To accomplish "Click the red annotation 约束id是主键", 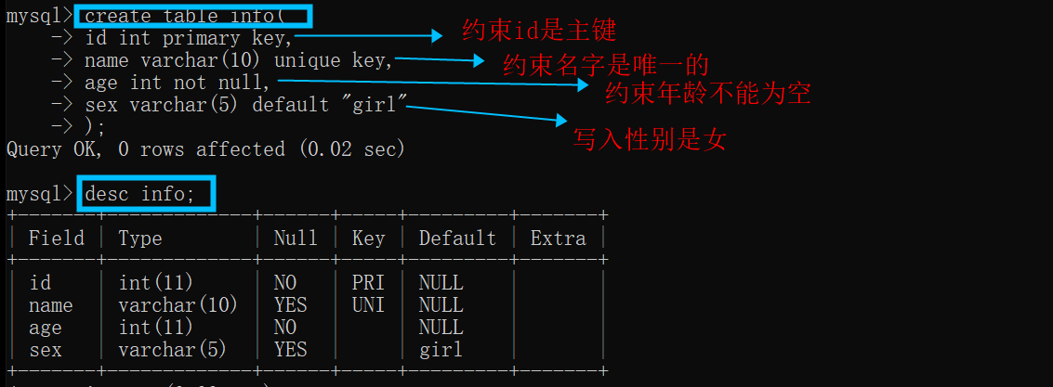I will (539, 31).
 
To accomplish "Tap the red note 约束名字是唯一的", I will (606, 64).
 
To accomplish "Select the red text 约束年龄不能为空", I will (708, 93).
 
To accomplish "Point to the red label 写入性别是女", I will (649, 139).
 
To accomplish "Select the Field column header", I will (56, 239).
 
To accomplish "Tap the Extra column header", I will (558, 239).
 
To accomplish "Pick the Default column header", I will (457, 239).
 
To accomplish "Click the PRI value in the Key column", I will (368, 282).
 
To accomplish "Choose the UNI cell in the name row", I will (368, 304).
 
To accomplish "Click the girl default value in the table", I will (441, 350).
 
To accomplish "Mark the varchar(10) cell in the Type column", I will (178, 304).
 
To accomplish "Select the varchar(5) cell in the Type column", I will (172, 350).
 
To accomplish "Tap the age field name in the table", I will (45, 328).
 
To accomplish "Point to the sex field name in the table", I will (45, 350).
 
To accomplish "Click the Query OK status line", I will (205, 148).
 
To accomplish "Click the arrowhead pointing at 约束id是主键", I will (436, 36).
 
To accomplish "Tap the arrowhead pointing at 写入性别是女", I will (559, 121).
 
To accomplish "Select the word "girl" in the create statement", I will (380, 104).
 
